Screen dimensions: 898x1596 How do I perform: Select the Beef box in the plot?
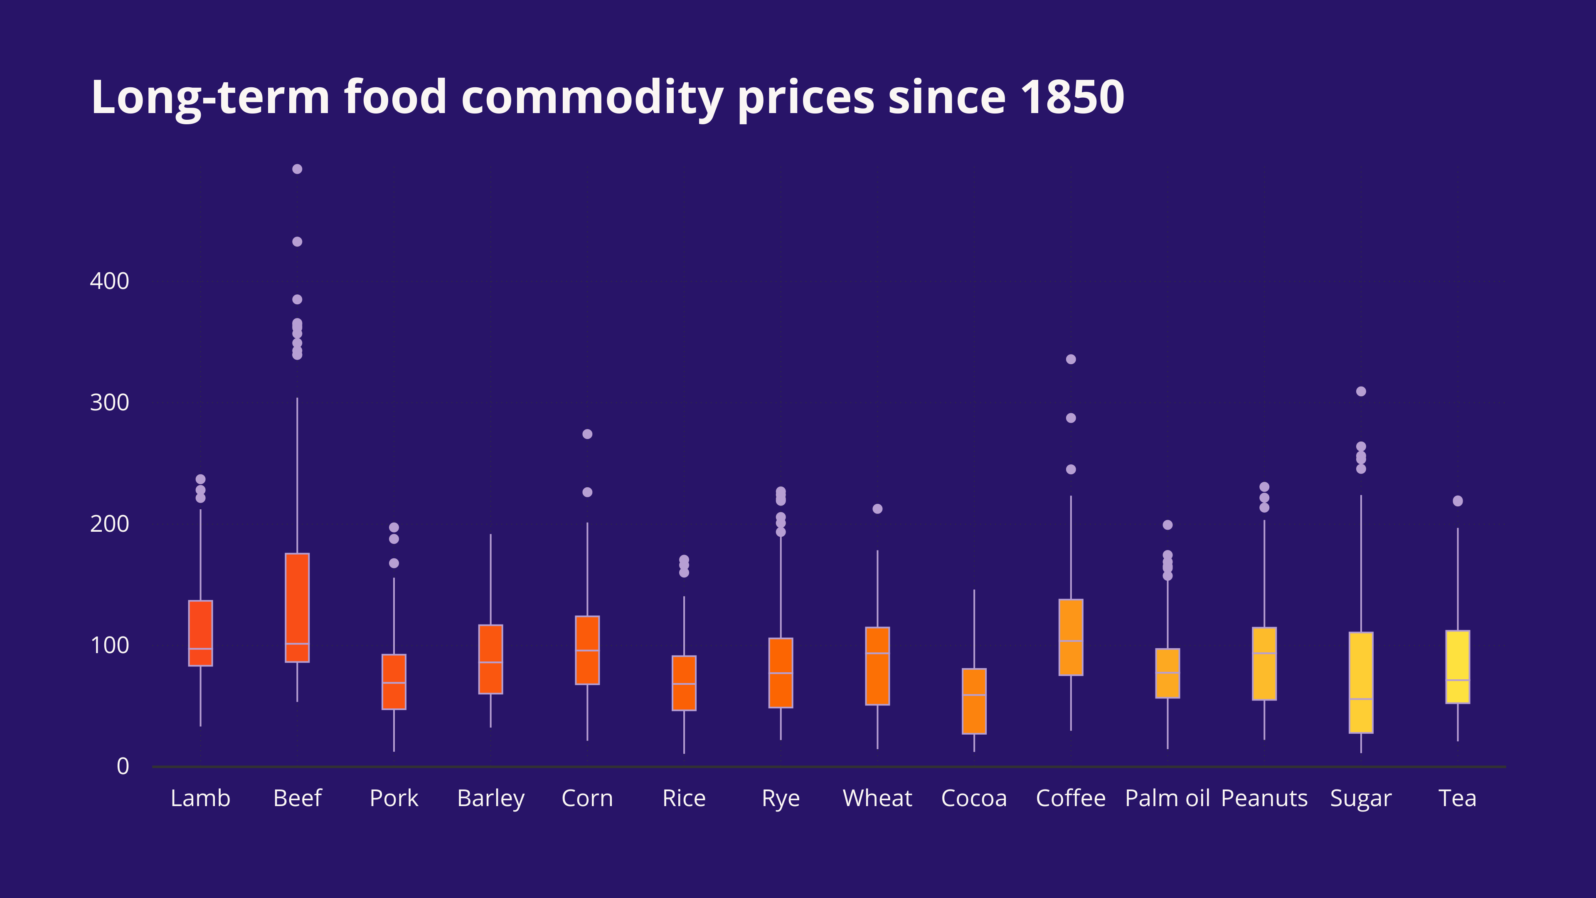click(x=298, y=607)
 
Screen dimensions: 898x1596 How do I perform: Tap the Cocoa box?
click(x=974, y=701)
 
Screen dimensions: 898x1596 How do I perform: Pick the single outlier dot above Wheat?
click(x=877, y=509)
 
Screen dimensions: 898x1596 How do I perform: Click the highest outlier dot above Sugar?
click(x=1361, y=392)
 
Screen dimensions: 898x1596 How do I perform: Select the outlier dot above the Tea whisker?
click(x=1457, y=501)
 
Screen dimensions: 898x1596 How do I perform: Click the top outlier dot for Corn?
click(x=587, y=434)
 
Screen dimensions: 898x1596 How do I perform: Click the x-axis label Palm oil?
click(x=1167, y=798)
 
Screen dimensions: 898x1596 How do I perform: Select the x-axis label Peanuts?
click(x=1264, y=798)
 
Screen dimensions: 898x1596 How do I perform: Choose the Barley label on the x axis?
click(x=491, y=798)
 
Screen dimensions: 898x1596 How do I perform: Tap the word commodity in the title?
click(x=592, y=97)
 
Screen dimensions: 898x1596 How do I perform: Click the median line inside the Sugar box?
click(x=1361, y=699)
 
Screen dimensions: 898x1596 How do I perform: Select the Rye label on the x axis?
click(x=781, y=798)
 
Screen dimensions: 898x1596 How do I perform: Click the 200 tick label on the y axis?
click(x=110, y=524)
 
